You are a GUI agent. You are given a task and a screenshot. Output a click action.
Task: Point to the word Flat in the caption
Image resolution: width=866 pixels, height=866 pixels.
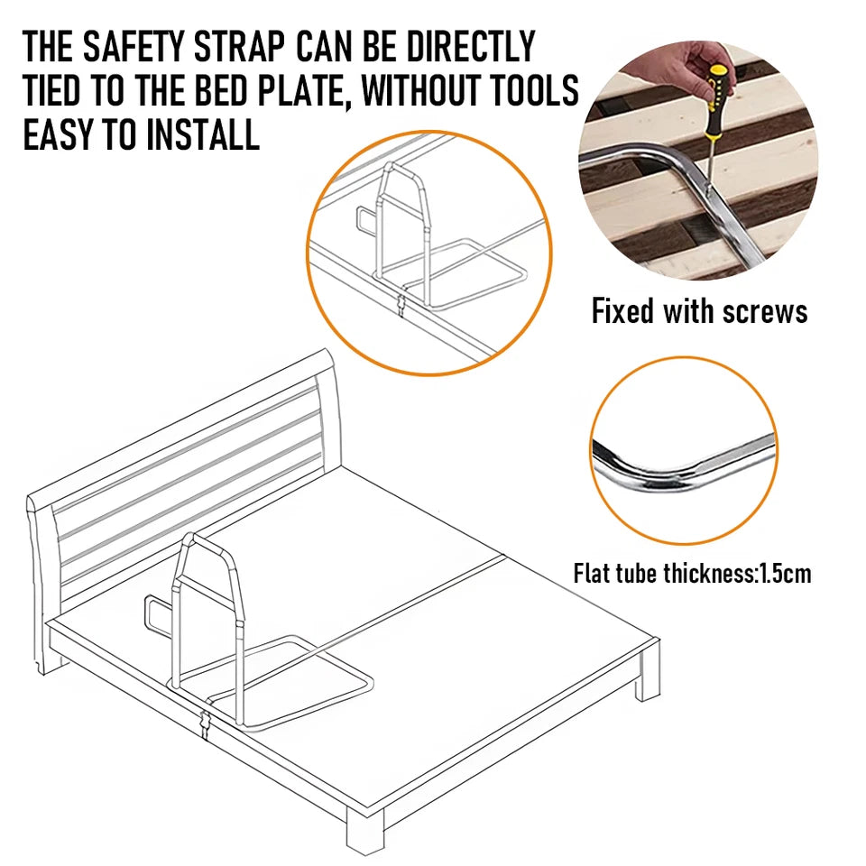tap(593, 573)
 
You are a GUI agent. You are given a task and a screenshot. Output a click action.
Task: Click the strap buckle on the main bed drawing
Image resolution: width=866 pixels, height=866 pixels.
tap(206, 721)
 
